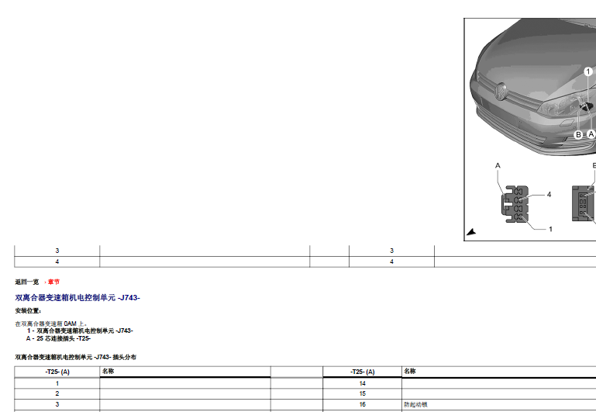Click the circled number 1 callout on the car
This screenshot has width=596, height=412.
588,71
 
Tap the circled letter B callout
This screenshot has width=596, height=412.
578,135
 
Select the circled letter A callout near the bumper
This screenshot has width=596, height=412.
591,134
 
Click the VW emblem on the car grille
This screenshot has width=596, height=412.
501,92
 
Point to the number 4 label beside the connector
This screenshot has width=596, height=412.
549,195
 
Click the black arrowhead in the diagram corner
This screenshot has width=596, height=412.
471,232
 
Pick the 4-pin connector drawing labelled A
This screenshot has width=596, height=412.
515,204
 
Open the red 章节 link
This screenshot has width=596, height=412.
53,282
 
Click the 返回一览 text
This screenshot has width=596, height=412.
27,282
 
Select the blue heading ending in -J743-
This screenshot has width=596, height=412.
78,297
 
